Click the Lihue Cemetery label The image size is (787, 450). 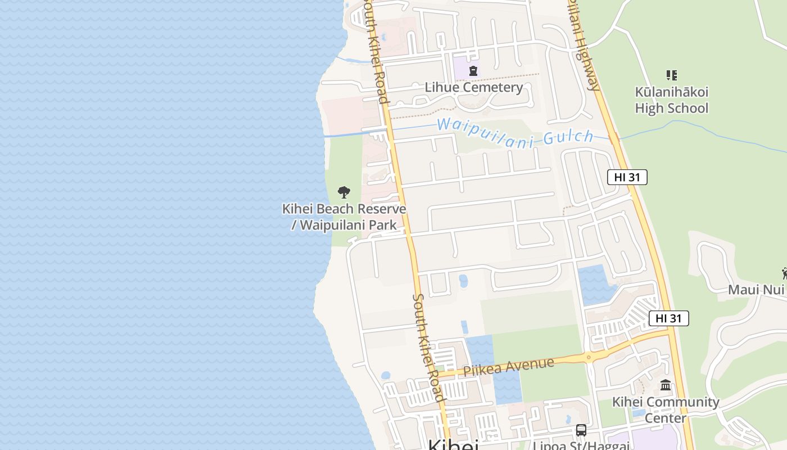(473, 87)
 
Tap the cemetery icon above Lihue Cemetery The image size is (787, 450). (473, 71)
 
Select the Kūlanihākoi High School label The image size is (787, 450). (671, 100)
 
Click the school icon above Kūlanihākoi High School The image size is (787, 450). (671, 75)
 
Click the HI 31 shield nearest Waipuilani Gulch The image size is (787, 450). (627, 177)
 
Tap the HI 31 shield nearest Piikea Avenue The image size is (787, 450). (668, 318)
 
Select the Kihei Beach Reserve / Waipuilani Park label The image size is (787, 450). (343, 217)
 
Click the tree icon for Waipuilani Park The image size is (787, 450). (344, 192)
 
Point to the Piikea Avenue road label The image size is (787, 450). (508, 366)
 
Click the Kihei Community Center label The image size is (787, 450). (666, 409)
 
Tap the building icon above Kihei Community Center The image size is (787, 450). (666, 385)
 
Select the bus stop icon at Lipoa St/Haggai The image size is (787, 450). (581, 431)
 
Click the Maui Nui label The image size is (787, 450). (756, 290)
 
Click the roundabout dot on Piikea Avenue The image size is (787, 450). (589, 357)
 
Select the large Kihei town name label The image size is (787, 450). (453, 444)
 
